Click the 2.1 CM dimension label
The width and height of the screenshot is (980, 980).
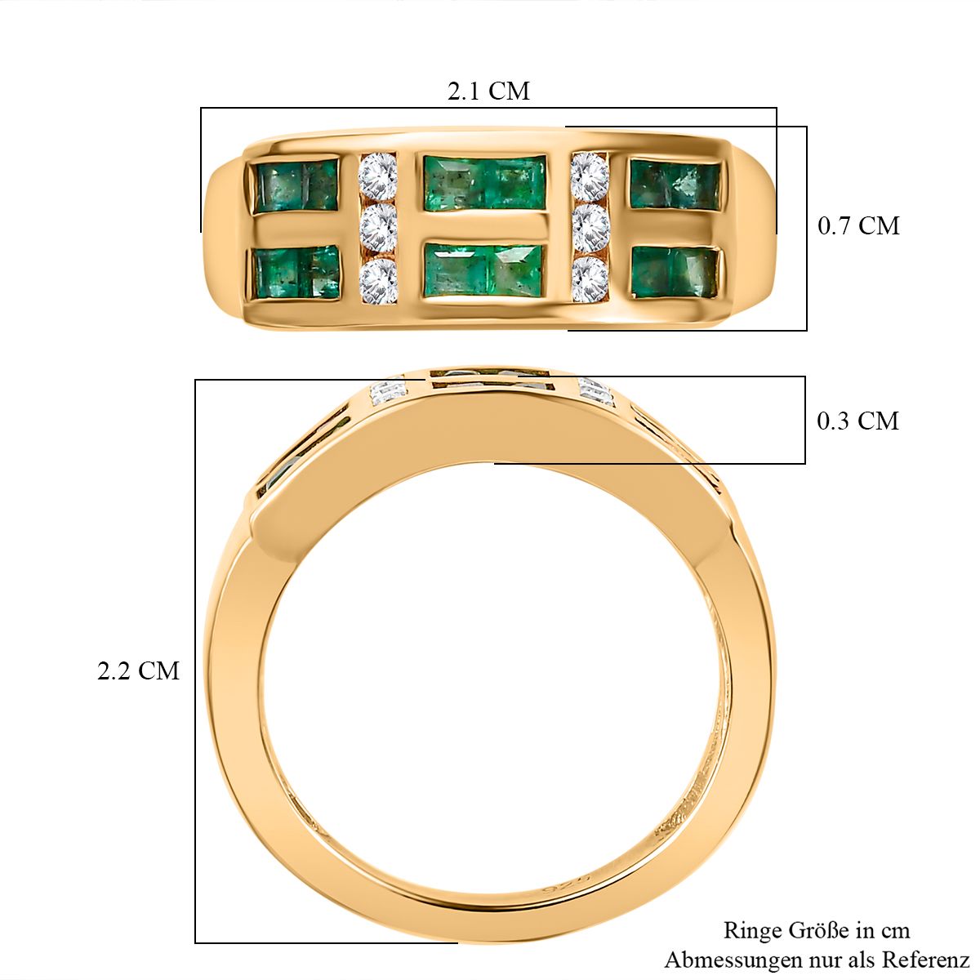pos(488,91)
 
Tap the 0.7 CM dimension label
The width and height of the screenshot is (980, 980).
pos(858,225)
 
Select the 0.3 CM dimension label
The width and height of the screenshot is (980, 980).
pos(858,421)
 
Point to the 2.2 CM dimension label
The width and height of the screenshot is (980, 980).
pos(138,670)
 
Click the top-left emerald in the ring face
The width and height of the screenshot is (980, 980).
pos(296,185)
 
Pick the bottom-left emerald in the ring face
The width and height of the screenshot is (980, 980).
pos(297,272)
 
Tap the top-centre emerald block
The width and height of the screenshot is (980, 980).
pos(484,183)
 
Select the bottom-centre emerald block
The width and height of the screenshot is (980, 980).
pos(485,270)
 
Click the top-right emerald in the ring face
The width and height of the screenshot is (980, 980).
pos(675,185)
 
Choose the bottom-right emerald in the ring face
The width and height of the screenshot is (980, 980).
pos(675,273)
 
